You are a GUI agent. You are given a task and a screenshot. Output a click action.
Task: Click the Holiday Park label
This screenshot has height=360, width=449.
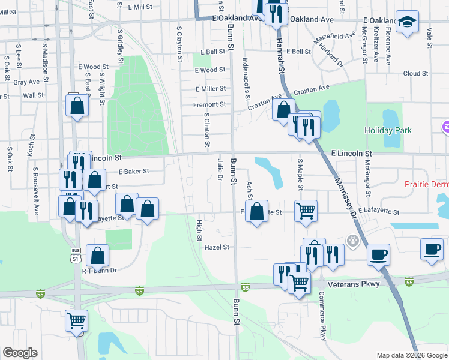point(388,130)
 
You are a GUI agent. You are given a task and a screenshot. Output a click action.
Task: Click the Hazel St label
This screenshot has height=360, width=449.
point(217,247)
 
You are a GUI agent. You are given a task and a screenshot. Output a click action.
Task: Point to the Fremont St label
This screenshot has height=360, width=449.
point(209,104)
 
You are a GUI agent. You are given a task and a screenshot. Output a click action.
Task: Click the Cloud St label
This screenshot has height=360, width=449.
point(415,74)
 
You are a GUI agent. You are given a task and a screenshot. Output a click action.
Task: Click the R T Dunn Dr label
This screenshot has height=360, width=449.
point(99,271)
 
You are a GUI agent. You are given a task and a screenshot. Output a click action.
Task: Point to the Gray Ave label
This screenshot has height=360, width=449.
point(26,82)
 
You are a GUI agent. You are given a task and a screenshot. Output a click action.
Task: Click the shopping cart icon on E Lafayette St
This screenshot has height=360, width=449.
point(306,211)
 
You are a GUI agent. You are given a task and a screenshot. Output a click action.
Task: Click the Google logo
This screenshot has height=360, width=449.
point(20,353)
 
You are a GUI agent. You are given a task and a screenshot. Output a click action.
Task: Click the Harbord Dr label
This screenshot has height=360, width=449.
point(330,55)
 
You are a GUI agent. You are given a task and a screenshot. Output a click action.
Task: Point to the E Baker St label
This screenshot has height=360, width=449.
point(133,172)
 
